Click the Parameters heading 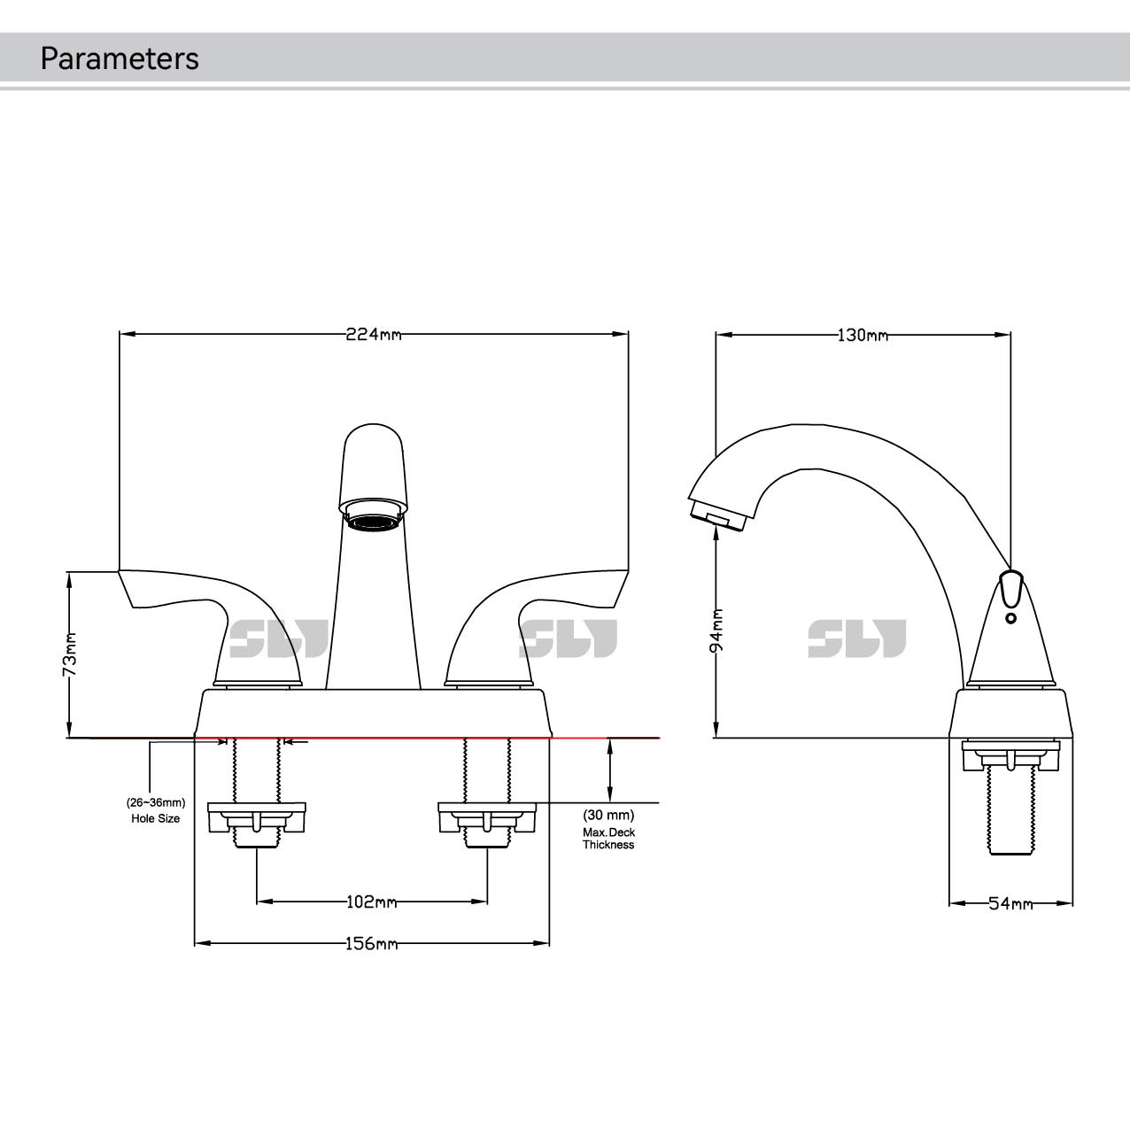[120, 58]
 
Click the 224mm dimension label [373, 335]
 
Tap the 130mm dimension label [862, 336]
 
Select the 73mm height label [70, 654]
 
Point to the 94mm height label [717, 630]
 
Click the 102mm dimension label [371, 902]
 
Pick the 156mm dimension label [371, 944]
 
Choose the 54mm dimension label [1010, 904]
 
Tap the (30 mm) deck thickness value [608, 815]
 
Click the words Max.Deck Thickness [608, 839]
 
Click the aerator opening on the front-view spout [373, 520]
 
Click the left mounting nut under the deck [256, 818]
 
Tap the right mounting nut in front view [487, 818]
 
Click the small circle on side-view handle [1010, 617]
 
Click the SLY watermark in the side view [856, 639]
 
